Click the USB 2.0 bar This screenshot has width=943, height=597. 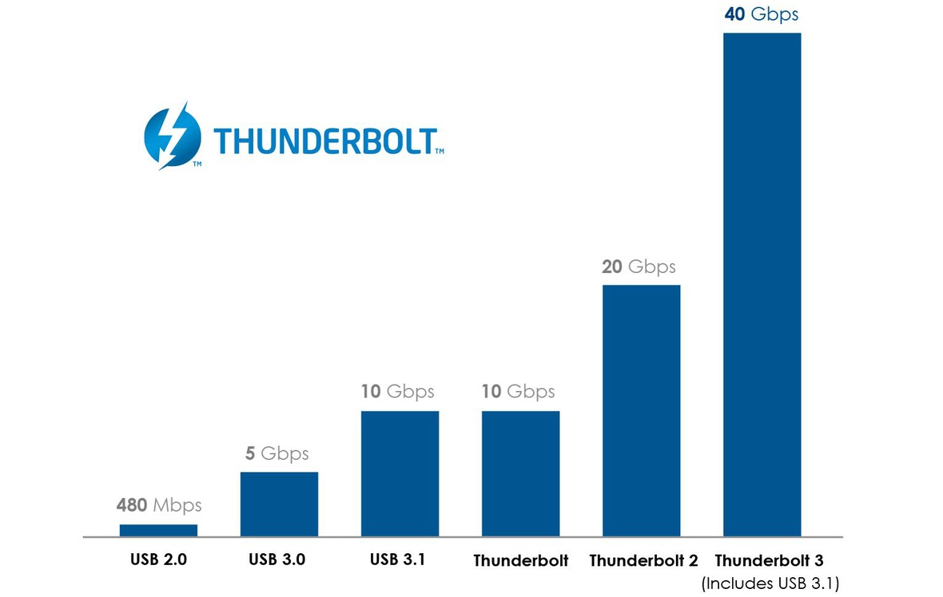(x=158, y=530)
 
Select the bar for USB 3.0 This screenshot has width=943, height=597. (x=279, y=504)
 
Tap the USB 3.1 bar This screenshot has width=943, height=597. (x=400, y=473)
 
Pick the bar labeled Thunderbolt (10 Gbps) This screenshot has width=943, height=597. (x=520, y=473)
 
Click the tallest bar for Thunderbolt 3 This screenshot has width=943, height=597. (x=762, y=284)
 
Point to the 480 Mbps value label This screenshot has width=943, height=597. (x=159, y=505)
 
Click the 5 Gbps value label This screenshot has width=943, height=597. (x=277, y=454)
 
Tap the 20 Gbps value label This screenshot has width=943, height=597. (x=639, y=267)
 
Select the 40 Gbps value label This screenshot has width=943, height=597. (x=761, y=14)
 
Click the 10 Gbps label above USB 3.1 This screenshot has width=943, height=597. (x=397, y=392)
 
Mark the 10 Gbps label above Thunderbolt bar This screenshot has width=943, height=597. (x=518, y=392)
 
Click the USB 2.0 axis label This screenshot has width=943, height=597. (x=158, y=559)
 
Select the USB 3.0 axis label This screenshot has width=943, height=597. (x=277, y=559)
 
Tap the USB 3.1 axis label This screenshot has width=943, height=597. (x=397, y=559)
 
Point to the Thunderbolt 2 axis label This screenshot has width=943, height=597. (x=643, y=560)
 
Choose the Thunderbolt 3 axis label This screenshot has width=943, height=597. (x=769, y=560)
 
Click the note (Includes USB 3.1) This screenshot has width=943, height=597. (x=770, y=584)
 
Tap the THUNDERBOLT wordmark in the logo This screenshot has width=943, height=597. (x=324, y=140)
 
